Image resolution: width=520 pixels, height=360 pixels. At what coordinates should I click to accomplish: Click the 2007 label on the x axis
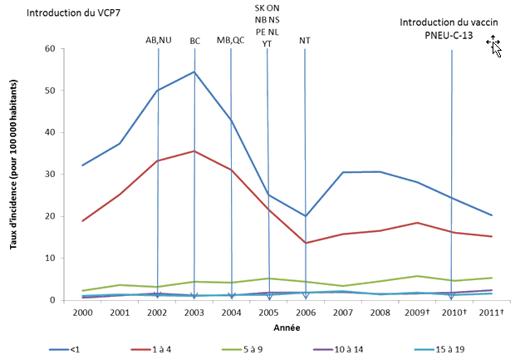tap(341, 313)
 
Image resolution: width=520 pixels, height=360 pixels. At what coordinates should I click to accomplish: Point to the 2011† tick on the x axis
tap(491, 313)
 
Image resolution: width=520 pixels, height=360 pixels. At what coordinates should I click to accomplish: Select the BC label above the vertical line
tap(194, 39)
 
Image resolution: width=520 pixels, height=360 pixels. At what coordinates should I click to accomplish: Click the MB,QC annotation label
tap(230, 39)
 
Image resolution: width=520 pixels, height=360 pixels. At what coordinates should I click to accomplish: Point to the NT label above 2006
tap(305, 39)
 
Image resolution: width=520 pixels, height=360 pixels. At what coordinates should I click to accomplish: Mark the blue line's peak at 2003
tap(194, 72)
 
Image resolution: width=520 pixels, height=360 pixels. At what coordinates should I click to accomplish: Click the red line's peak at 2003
tap(194, 151)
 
